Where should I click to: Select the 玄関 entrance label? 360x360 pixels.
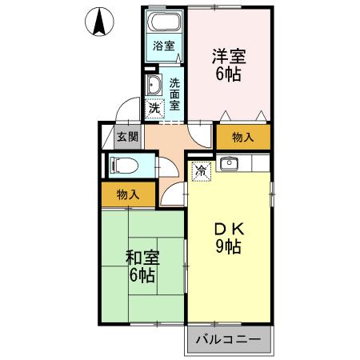pyautogui.click(x=128, y=136)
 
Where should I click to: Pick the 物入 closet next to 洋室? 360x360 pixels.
pyautogui.click(x=243, y=138)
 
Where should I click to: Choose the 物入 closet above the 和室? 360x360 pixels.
pyautogui.click(x=128, y=194)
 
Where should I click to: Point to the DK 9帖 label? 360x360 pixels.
pyautogui.click(x=228, y=236)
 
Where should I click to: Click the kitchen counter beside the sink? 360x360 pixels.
pyautogui.click(x=256, y=166)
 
